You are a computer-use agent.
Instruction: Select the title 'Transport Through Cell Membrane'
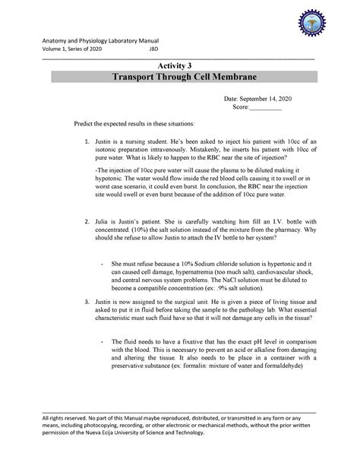pos(179,79)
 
